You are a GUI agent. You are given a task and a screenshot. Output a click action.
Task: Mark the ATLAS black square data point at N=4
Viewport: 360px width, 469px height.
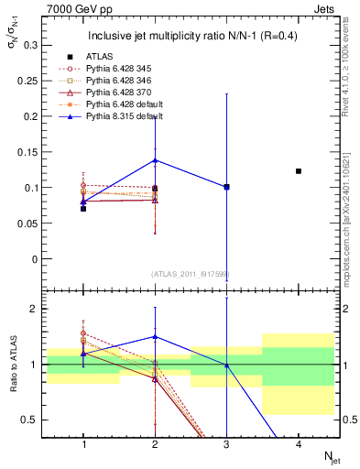pyautogui.click(x=298, y=171)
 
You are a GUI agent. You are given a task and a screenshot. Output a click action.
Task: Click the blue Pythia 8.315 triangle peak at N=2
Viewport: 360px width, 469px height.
pyautogui.click(x=155, y=160)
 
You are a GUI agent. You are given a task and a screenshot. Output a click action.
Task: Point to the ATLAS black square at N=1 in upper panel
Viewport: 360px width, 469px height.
pyautogui.click(x=83, y=209)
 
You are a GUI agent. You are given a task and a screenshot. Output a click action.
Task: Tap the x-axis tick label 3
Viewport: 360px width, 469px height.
pyautogui.click(x=226, y=444)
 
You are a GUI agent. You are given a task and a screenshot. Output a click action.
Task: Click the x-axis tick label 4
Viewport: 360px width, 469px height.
pyautogui.click(x=298, y=444)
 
